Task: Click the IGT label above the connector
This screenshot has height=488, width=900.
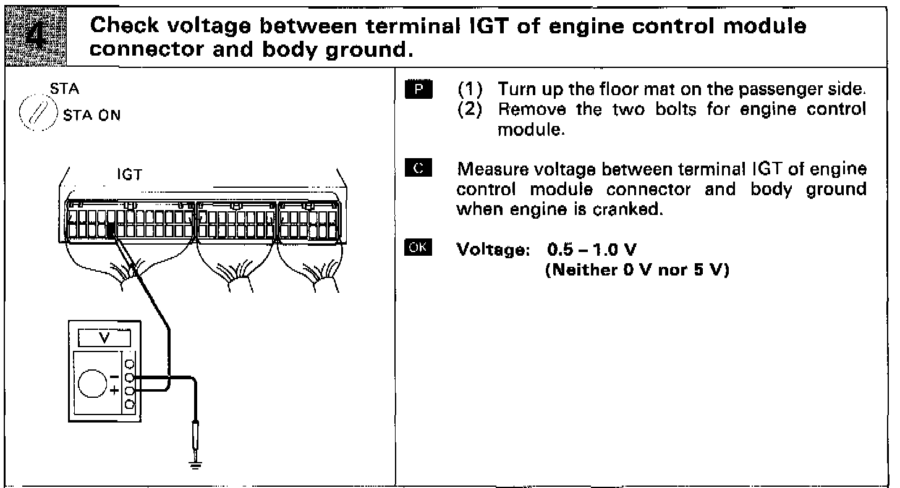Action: tap(130, 175)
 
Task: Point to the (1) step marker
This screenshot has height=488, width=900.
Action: tap(467, 90)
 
